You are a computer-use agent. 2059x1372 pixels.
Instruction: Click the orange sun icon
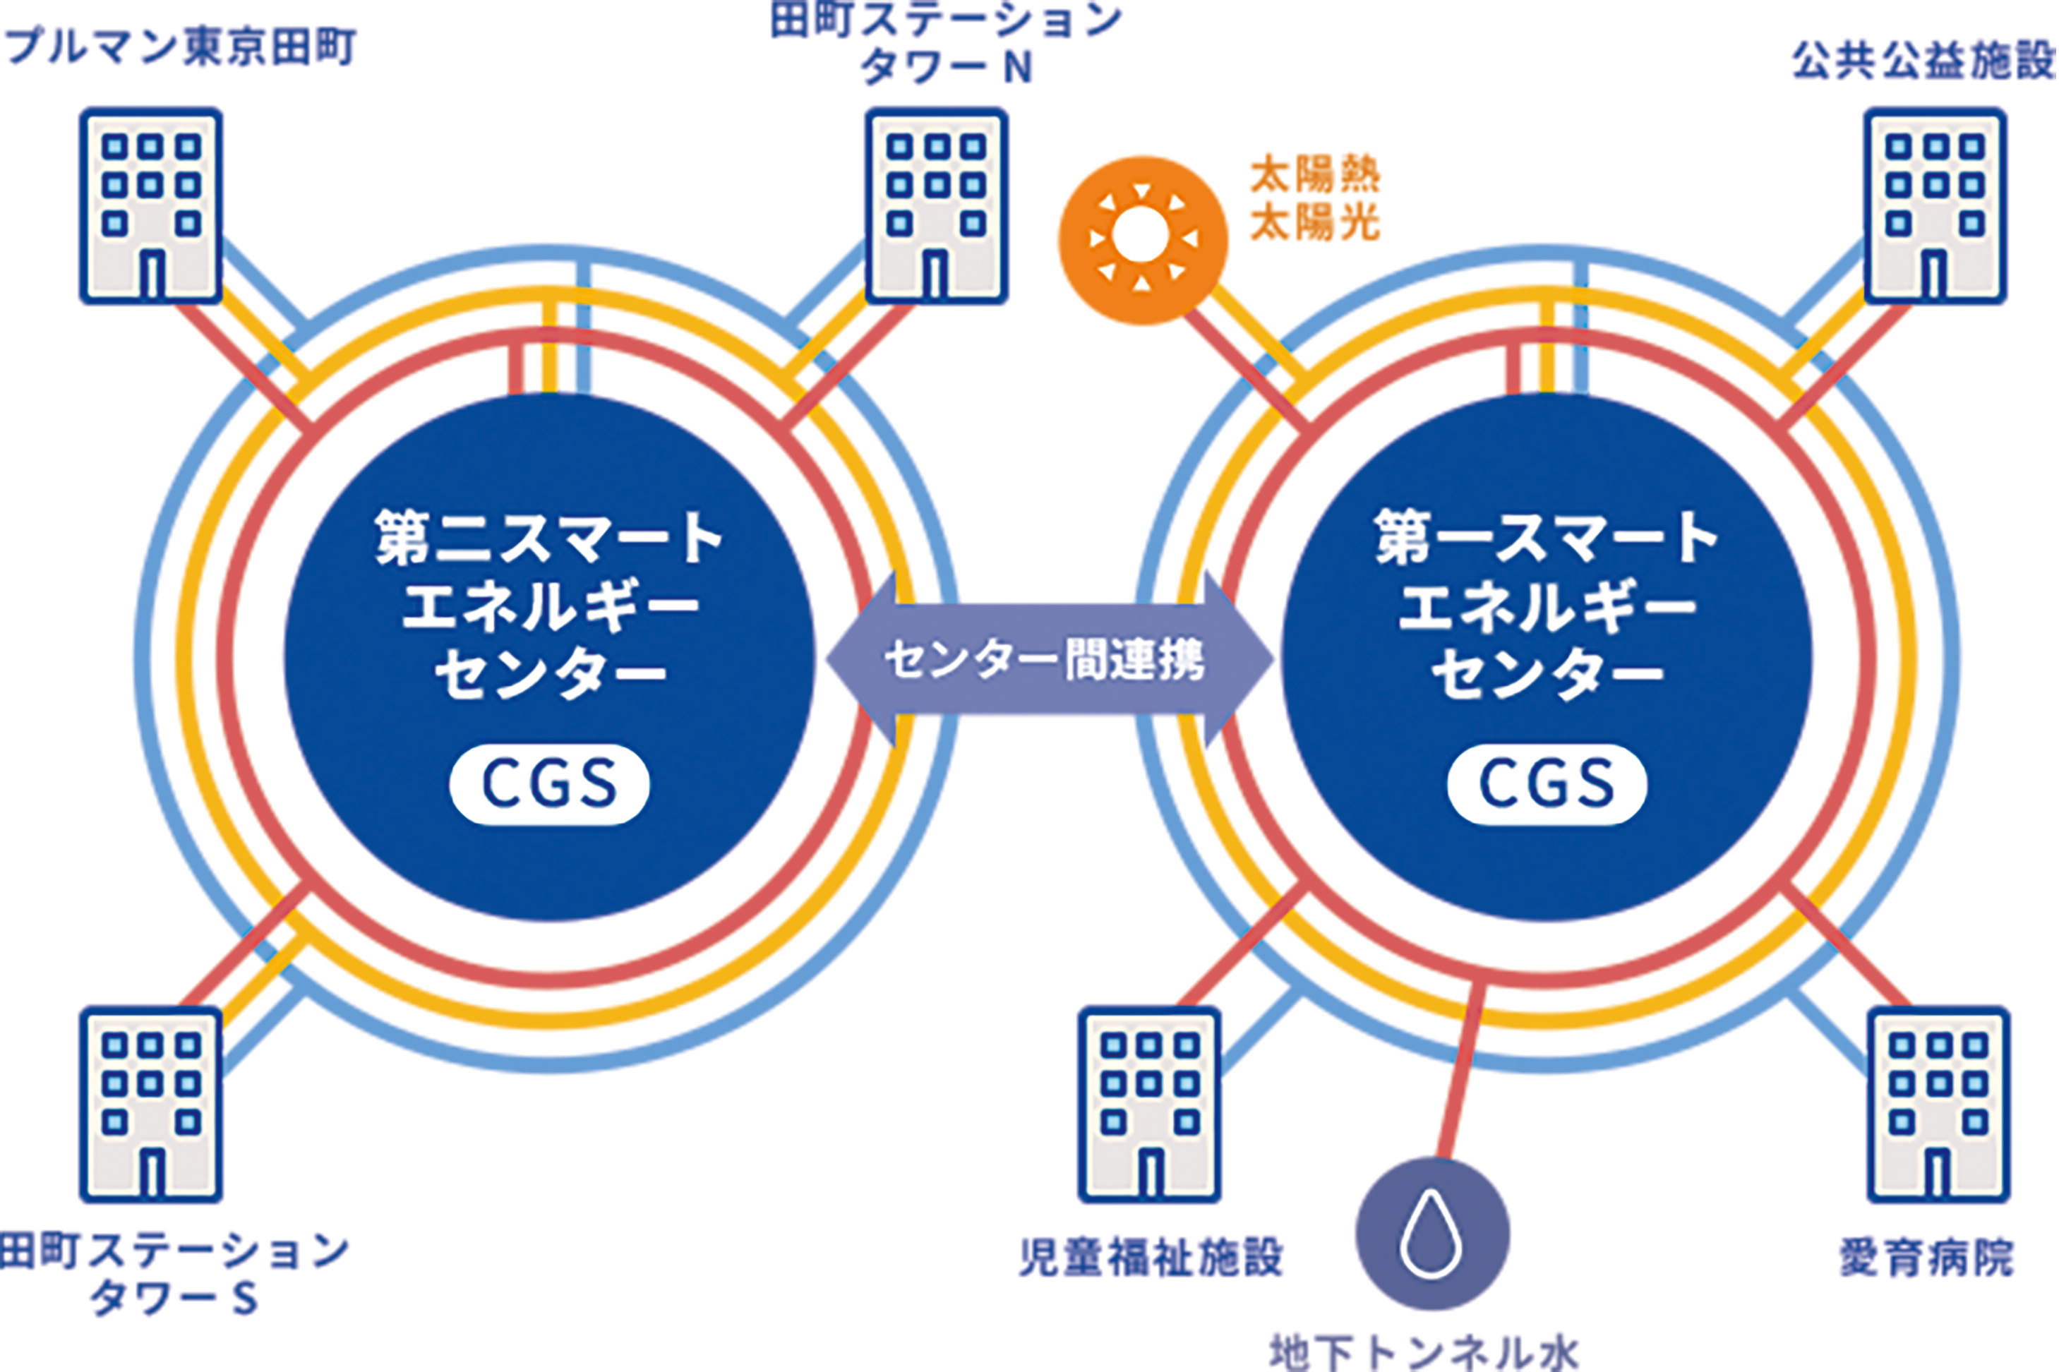pyautogui.click(x=1141, y=240)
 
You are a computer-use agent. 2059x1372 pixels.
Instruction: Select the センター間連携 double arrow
pyautogui.click(x=1048, y=660)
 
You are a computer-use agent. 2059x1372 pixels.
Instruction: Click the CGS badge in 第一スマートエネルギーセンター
pyautogui.click(x=1547, y=784)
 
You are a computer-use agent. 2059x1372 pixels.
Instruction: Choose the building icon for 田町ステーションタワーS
pyautogui.click(x=150, y=1105)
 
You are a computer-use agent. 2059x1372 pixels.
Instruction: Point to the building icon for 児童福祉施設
pyautogui.click(x=1149, y=1105)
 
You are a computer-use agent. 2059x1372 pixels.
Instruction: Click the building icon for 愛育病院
pyautogui.click(x=1938, y=1105)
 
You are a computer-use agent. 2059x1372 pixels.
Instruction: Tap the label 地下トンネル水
pyautogui.click(x=1424, y=1351)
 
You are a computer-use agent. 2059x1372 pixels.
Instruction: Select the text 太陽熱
pyautogui.click(x=1314, y=175)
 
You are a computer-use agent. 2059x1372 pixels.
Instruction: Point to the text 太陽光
pyautogui.click(x=1314, y=223)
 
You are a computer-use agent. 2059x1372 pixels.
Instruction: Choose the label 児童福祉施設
pyautogui.click(x=1150, y=1258)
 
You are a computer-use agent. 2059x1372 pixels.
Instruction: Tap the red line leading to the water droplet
pyautogui.click(x=1463, y=1068)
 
